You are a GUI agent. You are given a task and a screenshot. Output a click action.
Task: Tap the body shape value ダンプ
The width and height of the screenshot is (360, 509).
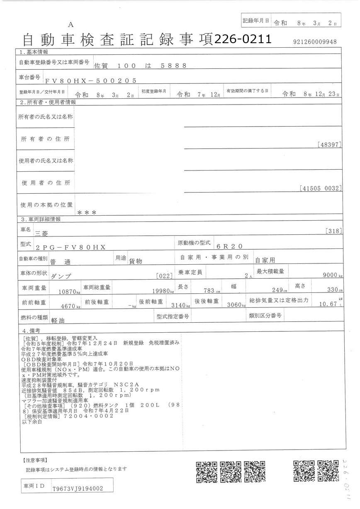(x=61, y=275)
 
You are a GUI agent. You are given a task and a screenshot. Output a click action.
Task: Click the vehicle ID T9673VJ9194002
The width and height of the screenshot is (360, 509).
(x=78, y=489)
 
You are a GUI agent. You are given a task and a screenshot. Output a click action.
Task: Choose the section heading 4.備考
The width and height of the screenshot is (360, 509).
(x=32, y=331)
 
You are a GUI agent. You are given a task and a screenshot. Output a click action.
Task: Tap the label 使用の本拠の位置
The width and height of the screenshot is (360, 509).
(x=46, y=205)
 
